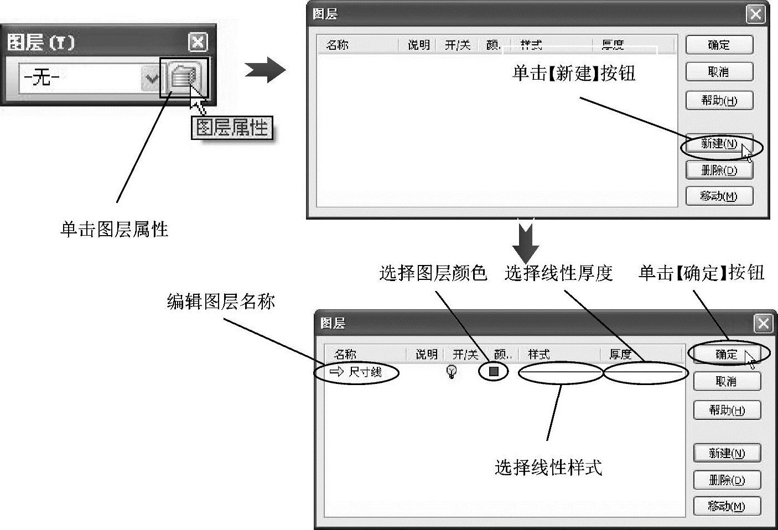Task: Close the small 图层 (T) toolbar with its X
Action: click(x=198, y=42)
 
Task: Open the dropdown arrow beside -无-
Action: click(x=151, y=78)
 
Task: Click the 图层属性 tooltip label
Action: click(x=232, y=128)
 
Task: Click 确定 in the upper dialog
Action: click(x=719, y=45)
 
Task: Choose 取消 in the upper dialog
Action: click(x=719, y=72)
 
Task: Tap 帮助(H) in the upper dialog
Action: click(x=719, y=101)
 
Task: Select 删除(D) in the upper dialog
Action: click(x=719, y=170)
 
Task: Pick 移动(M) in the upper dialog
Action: click(x=719, y=196)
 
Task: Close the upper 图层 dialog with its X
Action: click(x=755, y=14)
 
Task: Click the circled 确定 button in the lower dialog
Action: click(x=727, y=354)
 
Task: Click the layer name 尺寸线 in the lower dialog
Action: click(x=365, y=372)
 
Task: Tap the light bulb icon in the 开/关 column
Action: click(x=452, y=372)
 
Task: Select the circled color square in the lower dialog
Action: click(x=494, y=371)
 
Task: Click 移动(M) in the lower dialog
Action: click(x=727, y=506)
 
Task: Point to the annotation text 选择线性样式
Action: click(x=548, y=467)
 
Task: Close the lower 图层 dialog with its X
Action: click(x=763, y=324)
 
